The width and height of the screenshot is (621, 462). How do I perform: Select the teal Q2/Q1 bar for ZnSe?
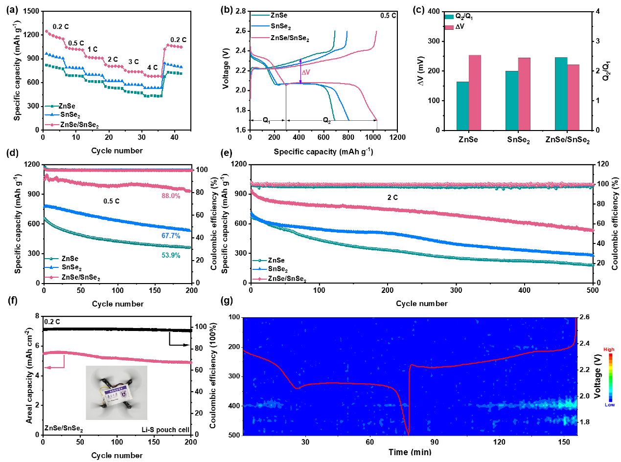point(462,106)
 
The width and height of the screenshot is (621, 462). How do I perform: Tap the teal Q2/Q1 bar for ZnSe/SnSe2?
point(561,93)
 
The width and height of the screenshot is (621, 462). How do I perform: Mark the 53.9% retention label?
point(170,255)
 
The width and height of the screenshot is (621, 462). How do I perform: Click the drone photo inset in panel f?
point(116,392)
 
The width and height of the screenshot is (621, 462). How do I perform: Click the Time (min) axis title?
point(410,452)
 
